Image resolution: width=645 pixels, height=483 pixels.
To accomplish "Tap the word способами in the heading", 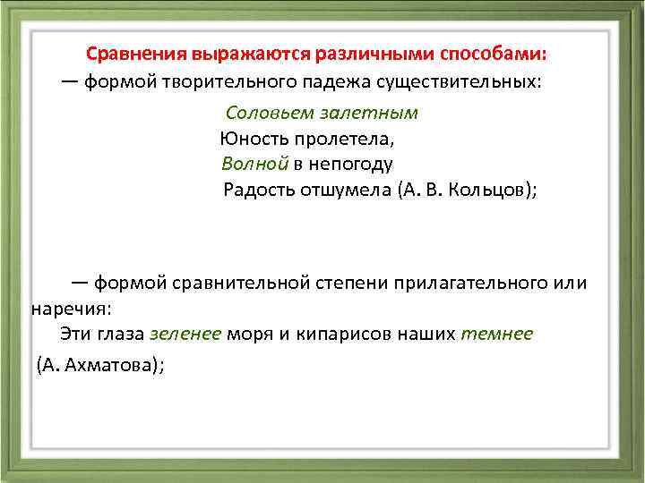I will coord(503,53).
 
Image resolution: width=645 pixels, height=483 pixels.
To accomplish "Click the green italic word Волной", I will coord(254,165).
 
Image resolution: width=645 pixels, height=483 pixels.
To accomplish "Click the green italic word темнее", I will coord(496,334).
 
